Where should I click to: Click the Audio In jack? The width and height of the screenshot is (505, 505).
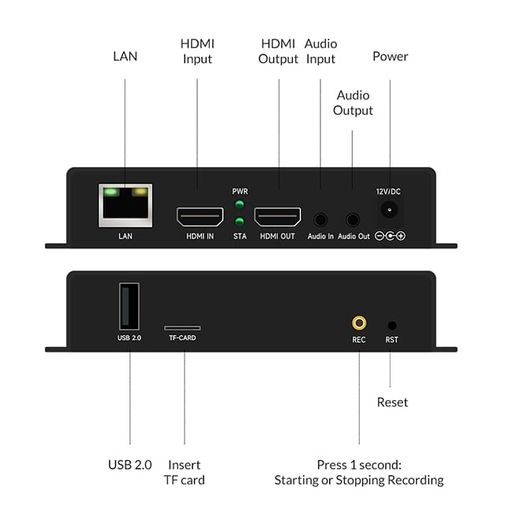320,220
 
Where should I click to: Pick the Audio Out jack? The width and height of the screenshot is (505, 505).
353,220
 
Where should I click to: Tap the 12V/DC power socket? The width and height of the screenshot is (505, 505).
389,210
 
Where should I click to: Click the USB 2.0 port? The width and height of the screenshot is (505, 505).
129,306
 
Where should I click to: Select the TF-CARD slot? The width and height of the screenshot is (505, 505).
182,327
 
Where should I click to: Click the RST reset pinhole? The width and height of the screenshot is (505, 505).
392,324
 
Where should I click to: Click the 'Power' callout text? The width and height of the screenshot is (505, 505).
390,57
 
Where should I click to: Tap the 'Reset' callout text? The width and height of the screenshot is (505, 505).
392,402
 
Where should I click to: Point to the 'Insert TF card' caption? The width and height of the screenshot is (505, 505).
185,472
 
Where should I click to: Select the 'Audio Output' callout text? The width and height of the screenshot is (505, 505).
353,103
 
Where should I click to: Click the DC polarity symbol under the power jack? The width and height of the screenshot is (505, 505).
389,236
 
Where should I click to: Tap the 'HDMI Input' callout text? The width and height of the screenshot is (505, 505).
197,50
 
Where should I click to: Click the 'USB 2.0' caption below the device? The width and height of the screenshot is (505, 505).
129,465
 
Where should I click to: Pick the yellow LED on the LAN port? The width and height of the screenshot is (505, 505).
140,191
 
